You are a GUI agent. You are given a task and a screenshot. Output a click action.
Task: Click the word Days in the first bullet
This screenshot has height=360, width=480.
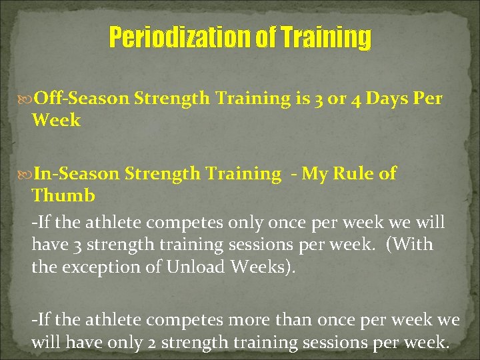[x=387, y=99]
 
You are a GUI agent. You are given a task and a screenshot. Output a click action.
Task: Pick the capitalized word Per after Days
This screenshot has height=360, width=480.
[x=428, y=99]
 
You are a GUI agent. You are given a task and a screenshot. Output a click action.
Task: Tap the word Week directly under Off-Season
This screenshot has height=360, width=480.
[x=56, y=121]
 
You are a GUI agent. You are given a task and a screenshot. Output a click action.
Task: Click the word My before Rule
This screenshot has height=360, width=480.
[x=318, y=174]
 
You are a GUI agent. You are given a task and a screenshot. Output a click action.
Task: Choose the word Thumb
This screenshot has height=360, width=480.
[x=63, y=196]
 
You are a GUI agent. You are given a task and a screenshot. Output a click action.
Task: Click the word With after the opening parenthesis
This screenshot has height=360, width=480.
[x=413, y=245]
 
